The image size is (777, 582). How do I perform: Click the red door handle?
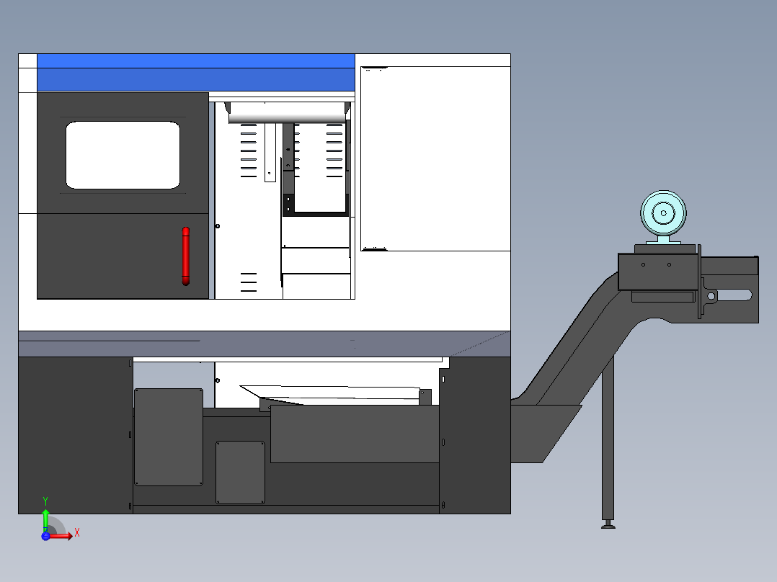(x=185, y=256)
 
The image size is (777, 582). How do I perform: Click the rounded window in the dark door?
(x=123, y=155)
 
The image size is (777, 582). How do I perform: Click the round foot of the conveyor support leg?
(x=608, y=525)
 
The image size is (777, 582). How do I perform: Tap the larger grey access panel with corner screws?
(x=169, y=436)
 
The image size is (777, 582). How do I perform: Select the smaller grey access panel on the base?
(x=240, y=473)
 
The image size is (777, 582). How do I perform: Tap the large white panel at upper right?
(x=435, y=158)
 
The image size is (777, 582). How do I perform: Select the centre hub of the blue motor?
(x=662, y=214)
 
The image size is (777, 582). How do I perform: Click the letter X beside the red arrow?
(x=76, y=533)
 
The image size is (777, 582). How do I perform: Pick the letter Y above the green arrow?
(x=45, y=500)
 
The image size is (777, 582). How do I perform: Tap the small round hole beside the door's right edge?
(x=218, y=226)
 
